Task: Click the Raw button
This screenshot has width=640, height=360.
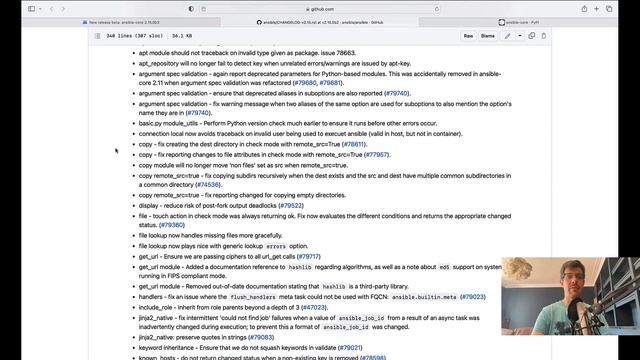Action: click(x=468, y=35)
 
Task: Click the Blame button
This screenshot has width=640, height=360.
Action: click(x=488, y=35)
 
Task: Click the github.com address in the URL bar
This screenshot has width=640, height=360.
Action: click(x=320, y=7)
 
